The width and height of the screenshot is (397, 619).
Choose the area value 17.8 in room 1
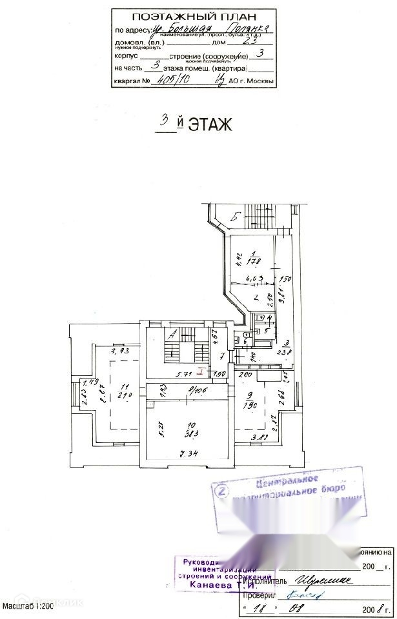coord(256,260)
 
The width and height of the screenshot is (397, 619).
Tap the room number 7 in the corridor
coord(221,356)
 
